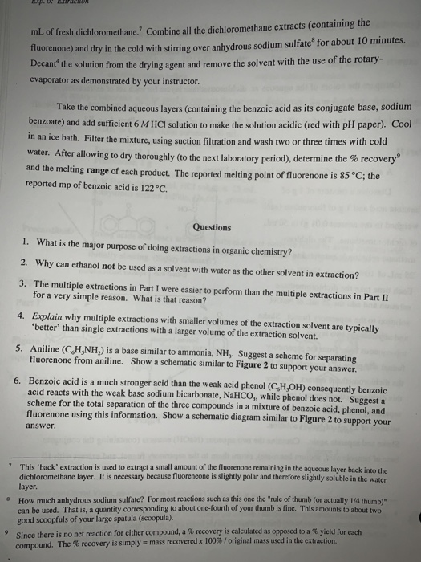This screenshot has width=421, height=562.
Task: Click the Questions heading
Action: [x=211, y=227]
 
